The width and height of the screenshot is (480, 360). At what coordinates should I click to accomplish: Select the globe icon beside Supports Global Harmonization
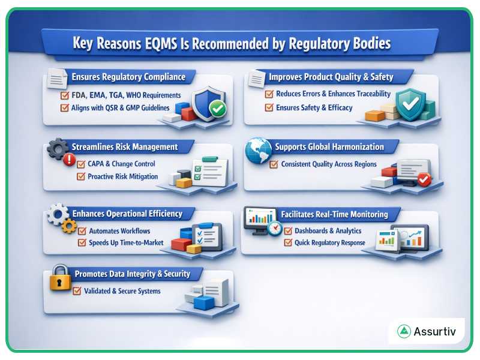pos(259,151)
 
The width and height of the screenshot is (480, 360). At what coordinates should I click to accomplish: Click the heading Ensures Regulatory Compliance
pos(128,77)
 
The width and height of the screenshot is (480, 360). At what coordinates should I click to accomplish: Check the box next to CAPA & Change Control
pos(82,164)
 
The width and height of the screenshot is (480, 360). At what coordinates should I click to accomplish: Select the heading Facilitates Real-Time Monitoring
pos(334,214)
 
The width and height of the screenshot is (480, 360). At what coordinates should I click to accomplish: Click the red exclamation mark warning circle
pos(69,160)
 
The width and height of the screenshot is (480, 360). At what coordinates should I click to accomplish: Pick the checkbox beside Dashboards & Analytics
pos(288,230)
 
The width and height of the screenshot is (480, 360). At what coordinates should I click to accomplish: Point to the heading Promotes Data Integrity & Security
pos(132,274)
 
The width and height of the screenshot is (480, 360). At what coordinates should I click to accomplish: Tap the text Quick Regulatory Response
pos(329,242)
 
